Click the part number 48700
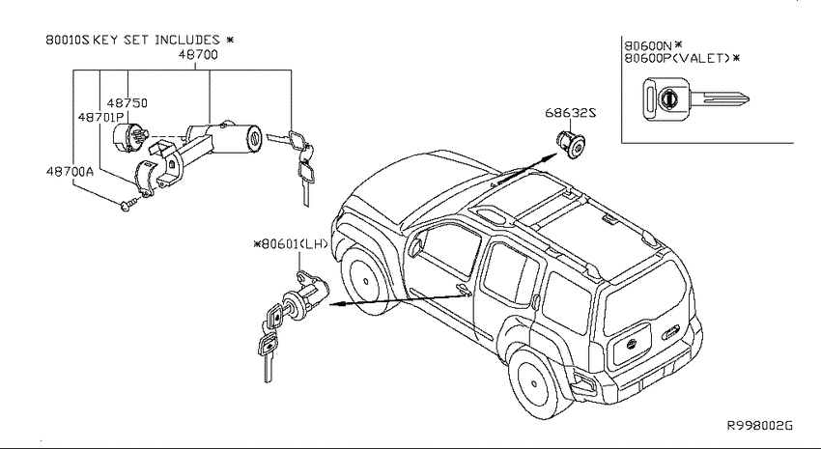(198, 54)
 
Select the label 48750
(127, 102)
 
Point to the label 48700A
(70, 171)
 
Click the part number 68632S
(570, 113)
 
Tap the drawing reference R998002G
(760, 425)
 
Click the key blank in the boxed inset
(695, 98)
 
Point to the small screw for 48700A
(128, 203)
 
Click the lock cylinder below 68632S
(570, 145)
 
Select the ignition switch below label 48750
(130, 137)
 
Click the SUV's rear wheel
(536, 382)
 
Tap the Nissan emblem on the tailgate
(633, 344)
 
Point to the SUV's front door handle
(463, 289)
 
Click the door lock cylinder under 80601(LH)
(305, 295)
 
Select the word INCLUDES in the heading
(187, 40)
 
